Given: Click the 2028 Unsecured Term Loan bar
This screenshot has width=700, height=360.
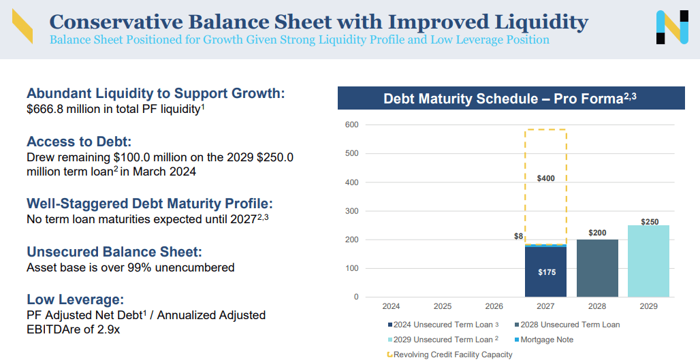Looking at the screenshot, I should pyautogui.click(x=597, y=268).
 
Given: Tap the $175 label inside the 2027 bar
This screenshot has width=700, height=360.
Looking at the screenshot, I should pyautogui.click(x=545, y=272).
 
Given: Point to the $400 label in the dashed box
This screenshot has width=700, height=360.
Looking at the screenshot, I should pyautogui.click(x=545, y=178).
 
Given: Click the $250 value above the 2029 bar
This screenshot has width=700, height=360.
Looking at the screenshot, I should pyautogui.click(x=650, y=222).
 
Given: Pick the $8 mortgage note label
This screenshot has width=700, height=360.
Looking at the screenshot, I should pyautogui.click(x=518, y=236).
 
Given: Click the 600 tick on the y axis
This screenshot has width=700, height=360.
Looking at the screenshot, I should pyautogui.click(x=351, y=125).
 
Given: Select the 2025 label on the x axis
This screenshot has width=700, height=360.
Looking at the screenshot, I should pyautogui.click(x=443, y=307).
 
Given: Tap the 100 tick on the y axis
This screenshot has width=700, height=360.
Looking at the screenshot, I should pyautogui.click(x=351, y=268).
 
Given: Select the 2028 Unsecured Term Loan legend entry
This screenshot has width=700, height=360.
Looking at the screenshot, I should pyautogui.click(x=567, y=325).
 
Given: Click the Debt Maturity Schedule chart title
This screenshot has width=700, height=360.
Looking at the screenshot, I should pyautogui.click(x=509, y=99).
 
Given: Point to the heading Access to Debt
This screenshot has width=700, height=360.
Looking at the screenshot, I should pyautogui.click(x=78, y=142).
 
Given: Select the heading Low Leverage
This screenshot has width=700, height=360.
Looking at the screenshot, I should pyautogui.click(x=75, y=299).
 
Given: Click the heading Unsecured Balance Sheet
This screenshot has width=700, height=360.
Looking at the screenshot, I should pyautogui.click(x=114, y=252).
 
